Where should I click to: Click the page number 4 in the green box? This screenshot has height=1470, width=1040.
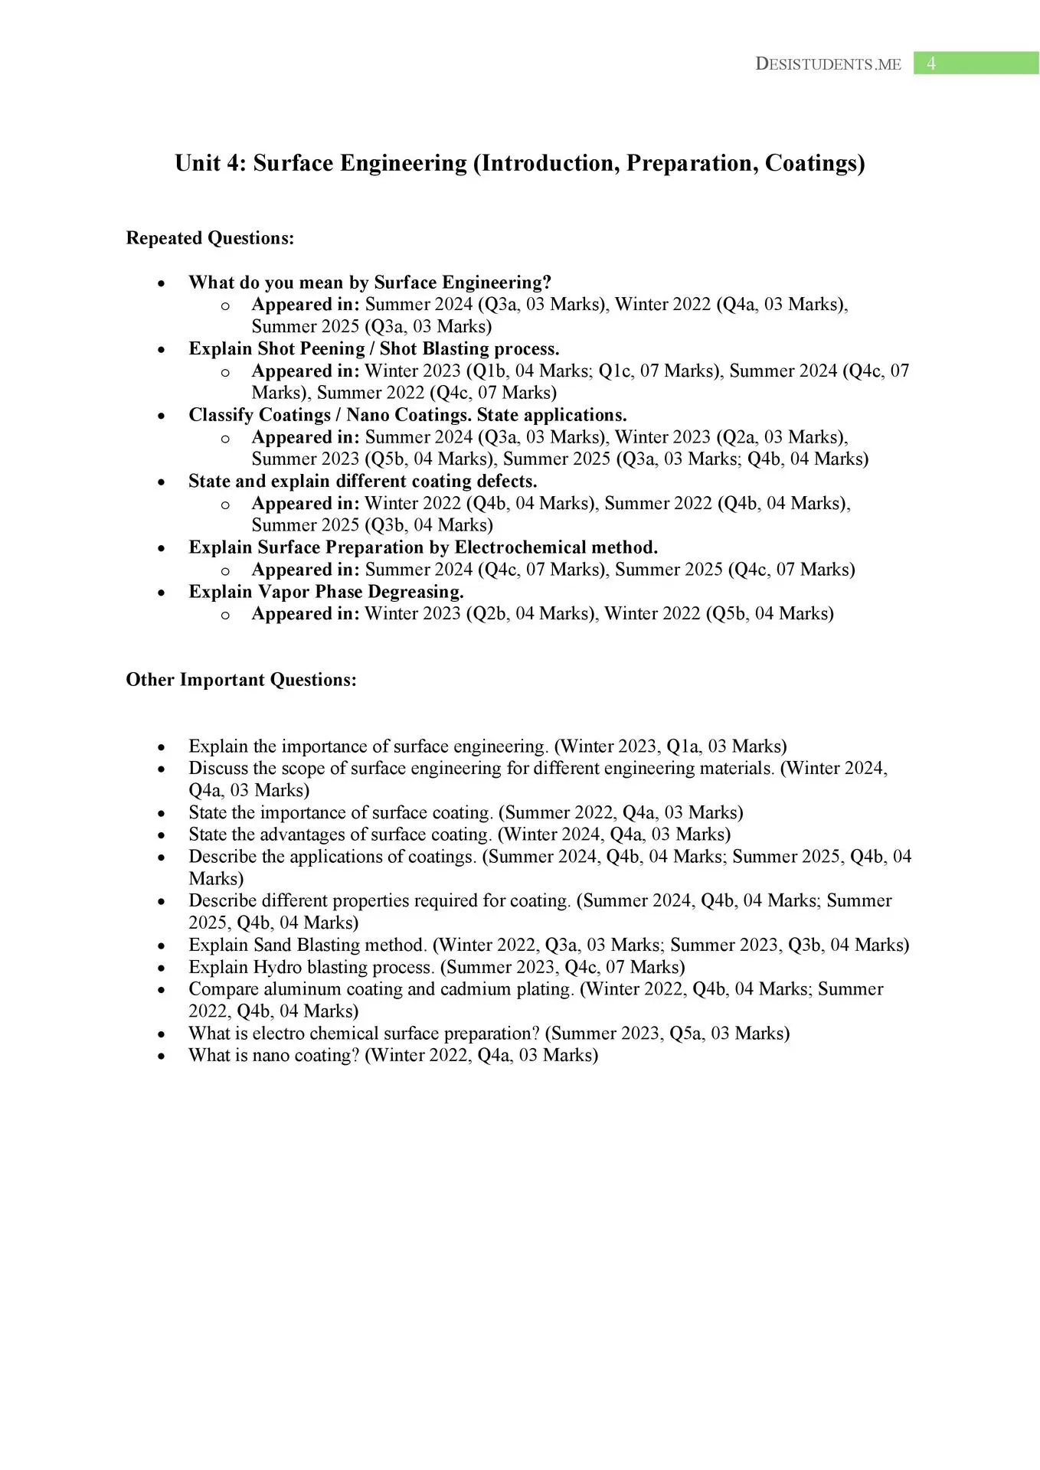click(x=930, y=64)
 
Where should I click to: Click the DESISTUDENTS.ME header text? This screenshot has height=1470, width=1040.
click(x=828, y=64)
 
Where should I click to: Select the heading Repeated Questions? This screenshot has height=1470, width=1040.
click(x=210, y=238)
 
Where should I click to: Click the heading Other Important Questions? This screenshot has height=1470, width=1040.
click(x=241, y=680)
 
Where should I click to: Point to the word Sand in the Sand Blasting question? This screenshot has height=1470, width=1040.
click(x=272, y=945)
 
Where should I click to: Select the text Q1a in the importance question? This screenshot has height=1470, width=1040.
click(x=683, y=746)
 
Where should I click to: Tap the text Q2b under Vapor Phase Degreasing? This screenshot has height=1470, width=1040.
click(x=487, y=614)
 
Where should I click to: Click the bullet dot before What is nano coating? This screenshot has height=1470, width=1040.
click(x=161, y=1056)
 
